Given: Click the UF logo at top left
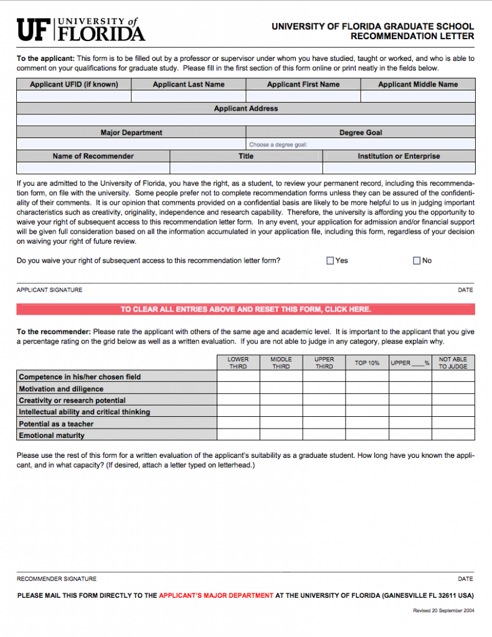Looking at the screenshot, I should pyautogui.click(x=80, y=29).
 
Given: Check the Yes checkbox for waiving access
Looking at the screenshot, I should pyautogui.click(x=330, y=261).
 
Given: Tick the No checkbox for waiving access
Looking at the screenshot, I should pyautogui.click(x=417, y=261).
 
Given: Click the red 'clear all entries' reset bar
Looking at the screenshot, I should pyautogui.click(x=245, y=309).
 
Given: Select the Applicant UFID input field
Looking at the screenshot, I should pyautogui.click(x=73, y=96).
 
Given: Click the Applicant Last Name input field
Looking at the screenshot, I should pyautogui.click(x=188, y=96).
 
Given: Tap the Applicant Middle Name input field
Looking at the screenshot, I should pyautogui.click(x=417, y=96).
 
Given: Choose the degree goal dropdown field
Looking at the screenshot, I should pyautogui.click(x=361, y=144).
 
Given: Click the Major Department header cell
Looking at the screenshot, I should pyautogui.click(x=131, y=133).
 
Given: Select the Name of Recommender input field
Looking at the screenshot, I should pyautogui.click(x=93, y=168).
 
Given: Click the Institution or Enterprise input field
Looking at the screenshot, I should pyautogui.click(x=399, y=168).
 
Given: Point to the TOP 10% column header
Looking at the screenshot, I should pyautogui.click(x=367, y=363).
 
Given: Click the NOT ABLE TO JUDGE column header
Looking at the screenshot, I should pyautogui.click(x=453, y=363).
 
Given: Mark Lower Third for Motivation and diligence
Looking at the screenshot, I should pyautogui.click(x=238, y=389).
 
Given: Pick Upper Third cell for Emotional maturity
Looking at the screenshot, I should pyautogui.click(x=324, y=435).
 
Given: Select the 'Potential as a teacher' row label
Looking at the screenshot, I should pyautogui.click(x=56, y=424).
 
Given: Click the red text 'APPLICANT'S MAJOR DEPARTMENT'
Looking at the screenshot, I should pyautogui.click(x=215, y=595).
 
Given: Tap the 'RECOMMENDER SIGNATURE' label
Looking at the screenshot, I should pyautogui.click(x=57, y=579).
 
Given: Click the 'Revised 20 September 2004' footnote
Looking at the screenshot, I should pyautogui.click(x=443, y=611).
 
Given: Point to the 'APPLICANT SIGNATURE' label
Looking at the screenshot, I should pyautogui.click(x=49, y=290).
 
